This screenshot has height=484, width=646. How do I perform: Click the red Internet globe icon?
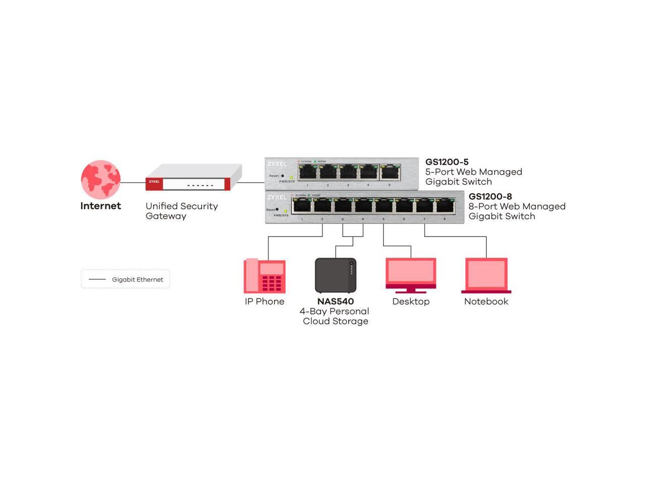tap(101, 180)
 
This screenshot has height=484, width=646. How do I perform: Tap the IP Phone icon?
tap(264, 276)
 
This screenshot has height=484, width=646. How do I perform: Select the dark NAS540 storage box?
tap(336, 275)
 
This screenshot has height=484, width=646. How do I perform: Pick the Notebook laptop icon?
tap(487, 275)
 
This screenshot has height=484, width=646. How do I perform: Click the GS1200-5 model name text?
tap(447, 162)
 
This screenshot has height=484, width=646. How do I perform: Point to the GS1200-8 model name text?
tap(490, 197)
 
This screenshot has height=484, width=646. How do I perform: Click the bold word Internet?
tap(100, 206)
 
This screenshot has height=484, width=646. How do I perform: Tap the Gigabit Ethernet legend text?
tap(137, 279)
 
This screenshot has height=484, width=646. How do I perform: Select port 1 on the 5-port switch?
tap(307, 172)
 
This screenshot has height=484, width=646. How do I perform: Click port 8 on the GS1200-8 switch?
tap(445, 206)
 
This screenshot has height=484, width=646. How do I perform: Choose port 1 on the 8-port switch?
tap(302, 206)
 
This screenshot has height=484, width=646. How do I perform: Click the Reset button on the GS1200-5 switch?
tap(282, 175)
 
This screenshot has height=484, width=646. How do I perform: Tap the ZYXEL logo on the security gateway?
tap(154, 181)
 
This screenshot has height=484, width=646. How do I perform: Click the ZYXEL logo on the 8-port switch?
tap(277, 197)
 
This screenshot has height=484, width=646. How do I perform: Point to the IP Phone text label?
tap(264, 301)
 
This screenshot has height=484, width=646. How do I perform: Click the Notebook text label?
tap(486, 301)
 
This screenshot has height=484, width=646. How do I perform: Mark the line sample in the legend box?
tap(97, 279)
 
